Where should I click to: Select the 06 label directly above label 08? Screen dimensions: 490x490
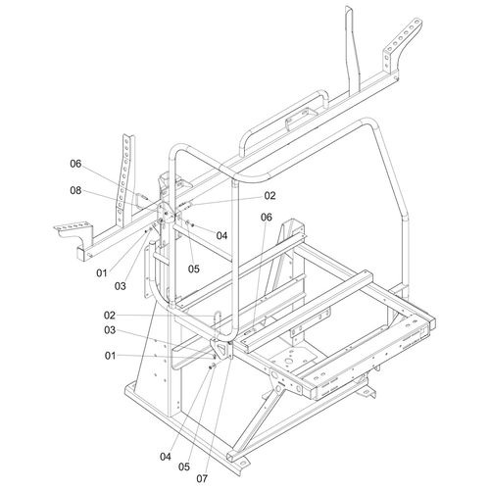coord(75,164)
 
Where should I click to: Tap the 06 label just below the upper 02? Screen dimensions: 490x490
coord(266,218)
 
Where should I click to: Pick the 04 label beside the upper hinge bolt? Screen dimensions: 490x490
coord(222,235)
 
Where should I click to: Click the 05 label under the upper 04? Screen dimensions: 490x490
coord(194,268)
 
